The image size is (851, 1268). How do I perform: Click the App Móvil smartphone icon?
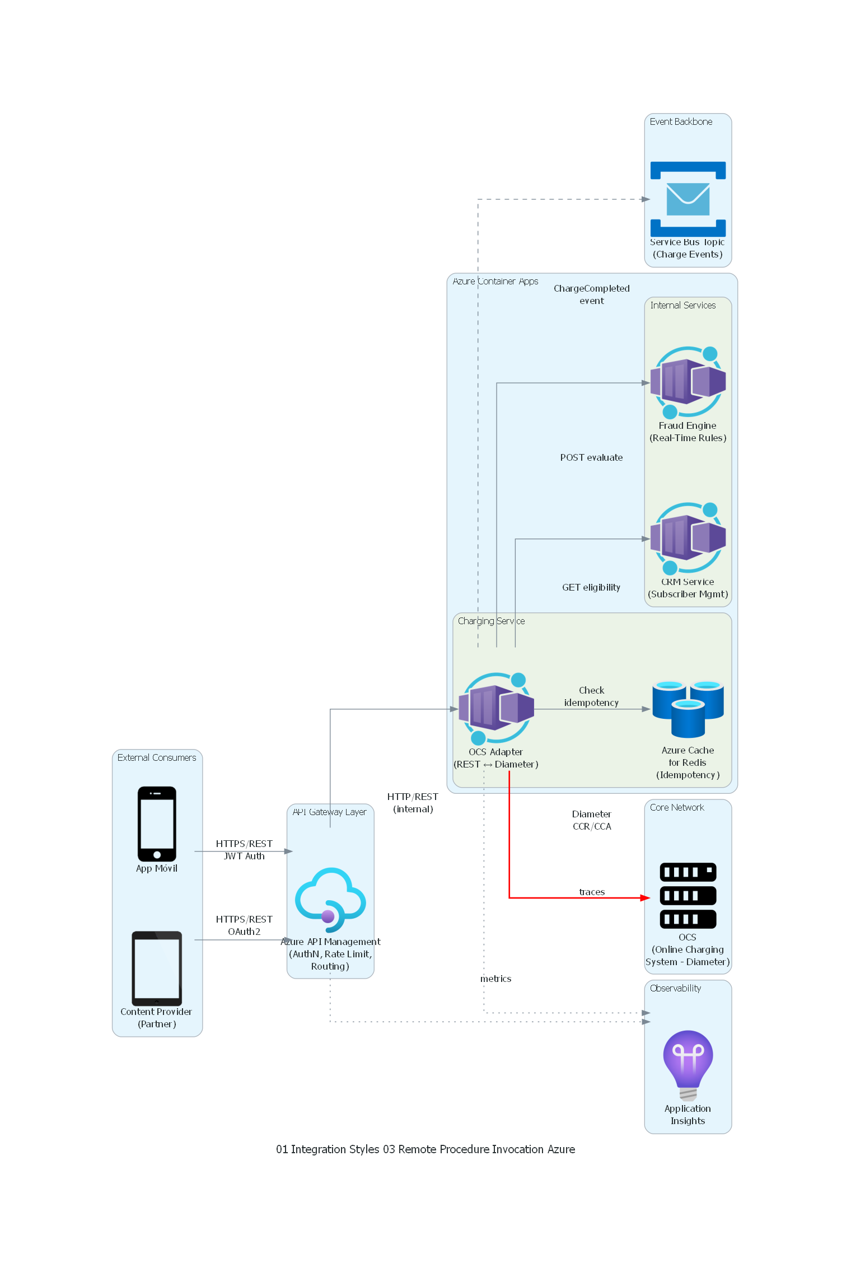157,824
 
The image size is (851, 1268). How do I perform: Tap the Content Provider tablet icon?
157,968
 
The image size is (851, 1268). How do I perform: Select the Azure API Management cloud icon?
330,899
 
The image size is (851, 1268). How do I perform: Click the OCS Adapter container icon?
496,709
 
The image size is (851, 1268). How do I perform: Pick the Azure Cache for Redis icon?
688,709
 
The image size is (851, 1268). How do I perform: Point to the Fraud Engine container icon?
688,383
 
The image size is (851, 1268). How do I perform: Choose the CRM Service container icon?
688,539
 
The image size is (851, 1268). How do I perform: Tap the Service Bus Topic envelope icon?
688,199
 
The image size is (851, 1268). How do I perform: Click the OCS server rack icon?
688,896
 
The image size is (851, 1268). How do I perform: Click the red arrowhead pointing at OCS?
645,898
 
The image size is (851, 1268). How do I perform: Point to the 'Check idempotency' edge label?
591,696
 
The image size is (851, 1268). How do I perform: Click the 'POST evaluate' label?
591,457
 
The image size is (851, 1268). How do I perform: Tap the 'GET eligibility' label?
591,587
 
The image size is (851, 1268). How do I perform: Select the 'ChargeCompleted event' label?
591,294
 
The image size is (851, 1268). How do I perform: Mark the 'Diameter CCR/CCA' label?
591,820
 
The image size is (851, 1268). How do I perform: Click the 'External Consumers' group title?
157,757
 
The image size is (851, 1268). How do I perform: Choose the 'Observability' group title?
675,988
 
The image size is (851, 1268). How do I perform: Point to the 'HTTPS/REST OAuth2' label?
244,925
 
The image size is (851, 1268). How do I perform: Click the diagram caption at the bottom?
425,1149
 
